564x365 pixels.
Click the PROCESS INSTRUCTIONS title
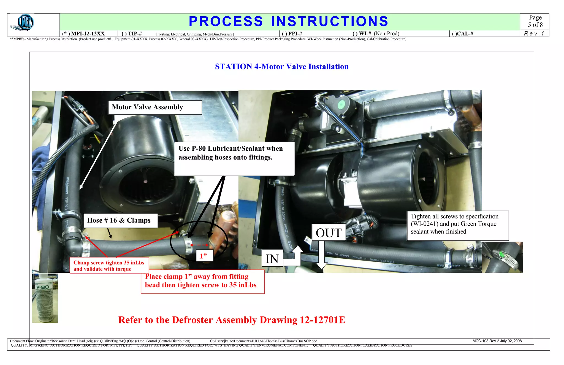coord(288,21)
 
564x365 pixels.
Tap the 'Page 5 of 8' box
coord(535,21)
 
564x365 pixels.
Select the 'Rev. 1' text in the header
coord(534,34)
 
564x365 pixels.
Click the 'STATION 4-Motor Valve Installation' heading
coord(282,66)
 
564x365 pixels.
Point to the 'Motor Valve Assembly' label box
coord(155,107)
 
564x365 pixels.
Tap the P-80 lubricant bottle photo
coord(45,298)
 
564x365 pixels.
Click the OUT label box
coord(329,233)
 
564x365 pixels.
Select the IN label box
coord(272,258)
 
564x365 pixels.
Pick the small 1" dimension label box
coord(204,256)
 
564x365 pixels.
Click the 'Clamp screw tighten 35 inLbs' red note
coord(109,266)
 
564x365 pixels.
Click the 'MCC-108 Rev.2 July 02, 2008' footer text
coord(497,341)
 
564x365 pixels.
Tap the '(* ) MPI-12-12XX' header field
coord(84,34)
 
